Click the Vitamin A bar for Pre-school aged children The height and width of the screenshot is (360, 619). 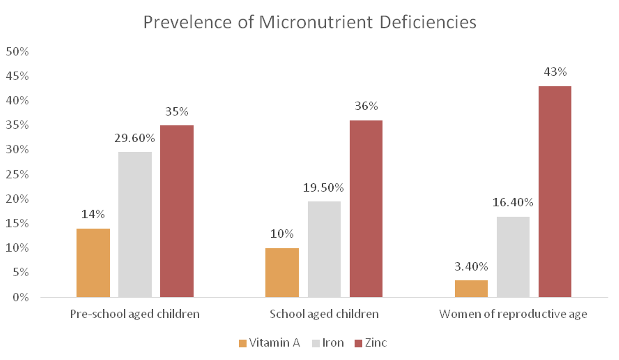93,263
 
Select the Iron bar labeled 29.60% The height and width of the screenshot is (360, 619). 135,224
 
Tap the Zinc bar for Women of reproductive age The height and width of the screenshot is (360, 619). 555,191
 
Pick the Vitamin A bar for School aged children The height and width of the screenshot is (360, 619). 282,273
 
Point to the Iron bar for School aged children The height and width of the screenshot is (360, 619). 324,249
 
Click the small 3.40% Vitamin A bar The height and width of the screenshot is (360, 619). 471,289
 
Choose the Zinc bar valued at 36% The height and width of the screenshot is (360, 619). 366,209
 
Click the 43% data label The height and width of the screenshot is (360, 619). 555,72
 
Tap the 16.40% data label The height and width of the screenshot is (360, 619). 513,202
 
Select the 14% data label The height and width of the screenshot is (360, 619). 93,214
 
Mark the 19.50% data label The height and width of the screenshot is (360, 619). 323,188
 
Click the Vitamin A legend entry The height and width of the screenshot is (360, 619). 269,343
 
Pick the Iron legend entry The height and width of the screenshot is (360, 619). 328,343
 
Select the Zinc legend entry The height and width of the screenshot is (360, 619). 371,343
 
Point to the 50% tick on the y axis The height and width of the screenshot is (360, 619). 17,52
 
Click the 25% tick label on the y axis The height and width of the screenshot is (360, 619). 17,174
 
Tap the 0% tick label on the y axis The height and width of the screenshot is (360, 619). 21,297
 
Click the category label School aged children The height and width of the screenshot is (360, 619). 324,314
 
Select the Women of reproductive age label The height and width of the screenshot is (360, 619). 513,314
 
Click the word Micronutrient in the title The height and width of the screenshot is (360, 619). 316,22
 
